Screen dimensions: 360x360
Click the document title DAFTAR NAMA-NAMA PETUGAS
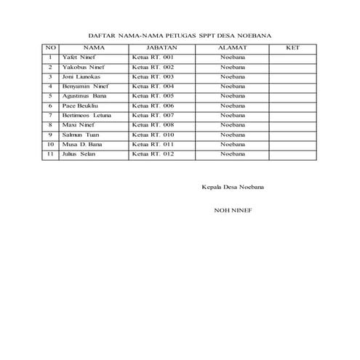coord(179,34)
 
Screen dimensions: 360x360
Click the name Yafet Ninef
coord(79,57)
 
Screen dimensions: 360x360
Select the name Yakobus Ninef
coord(82,66)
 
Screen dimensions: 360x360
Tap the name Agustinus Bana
coord(84,95)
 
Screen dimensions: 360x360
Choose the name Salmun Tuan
coord(81,135)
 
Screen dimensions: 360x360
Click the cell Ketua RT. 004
coord(153,86)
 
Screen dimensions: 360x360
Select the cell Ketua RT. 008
coord(153,124)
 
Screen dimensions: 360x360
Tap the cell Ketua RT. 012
coord(153,153)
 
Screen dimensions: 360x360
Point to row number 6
coord(50,105)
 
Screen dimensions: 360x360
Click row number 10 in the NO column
coord(50,144)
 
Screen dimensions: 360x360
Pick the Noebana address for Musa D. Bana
coord(233,144)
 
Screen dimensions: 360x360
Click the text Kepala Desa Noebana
coord(233,188)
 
